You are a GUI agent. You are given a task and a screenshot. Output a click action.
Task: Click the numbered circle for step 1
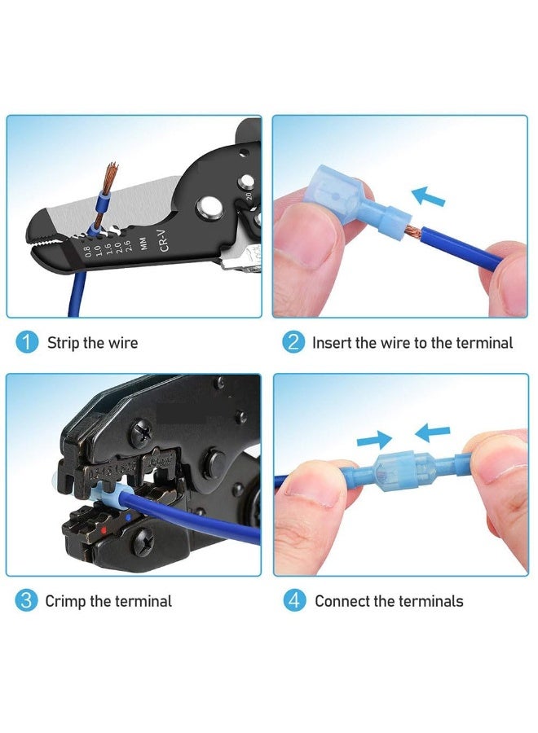(27, 342)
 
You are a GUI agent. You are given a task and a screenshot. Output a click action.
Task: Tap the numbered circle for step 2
(293, 342)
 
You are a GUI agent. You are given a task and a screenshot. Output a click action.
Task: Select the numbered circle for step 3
(27, 601)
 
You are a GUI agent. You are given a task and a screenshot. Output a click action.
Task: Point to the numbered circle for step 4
(293, 601)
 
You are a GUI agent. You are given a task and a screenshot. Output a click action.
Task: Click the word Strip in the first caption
(64, 343)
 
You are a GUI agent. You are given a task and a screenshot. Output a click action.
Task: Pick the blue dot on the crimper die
(128, 516)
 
